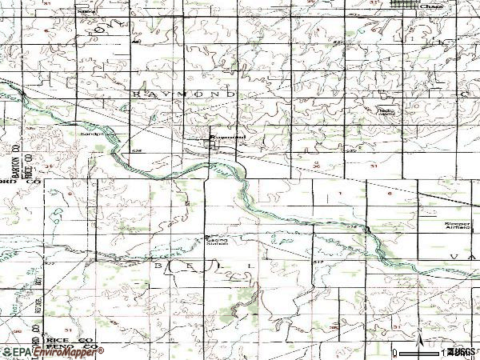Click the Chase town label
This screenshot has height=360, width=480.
pyautogui.click(x=432, y=6)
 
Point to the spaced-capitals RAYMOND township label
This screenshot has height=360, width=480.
pyautogui.click(x=182, y=94)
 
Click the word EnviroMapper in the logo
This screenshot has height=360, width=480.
pyautogui.click(x=70, y=351)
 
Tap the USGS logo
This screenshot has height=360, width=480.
pyautogui.click(x=461, y=351)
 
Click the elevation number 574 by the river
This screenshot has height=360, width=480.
pyautogui.click(x=351, y=226)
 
